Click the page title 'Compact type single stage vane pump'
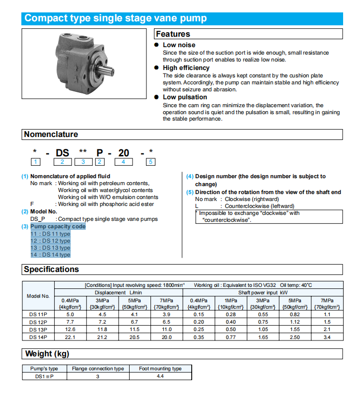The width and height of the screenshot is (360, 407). click(116, 19)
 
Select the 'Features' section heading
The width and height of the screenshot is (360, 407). click(173, 34)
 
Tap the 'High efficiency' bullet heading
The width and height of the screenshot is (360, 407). click(186, 68)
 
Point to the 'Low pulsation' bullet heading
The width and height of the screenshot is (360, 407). click(185, 97)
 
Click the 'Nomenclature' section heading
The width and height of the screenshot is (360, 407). click(51, 135)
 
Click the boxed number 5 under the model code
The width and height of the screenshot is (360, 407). click(151, 161)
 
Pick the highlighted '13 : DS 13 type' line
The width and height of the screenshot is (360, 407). click(50, 248)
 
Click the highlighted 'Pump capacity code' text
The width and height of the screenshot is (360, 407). click(58, 226)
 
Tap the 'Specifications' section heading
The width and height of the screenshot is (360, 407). click(52, 270)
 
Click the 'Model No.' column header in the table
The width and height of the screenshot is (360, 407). click(38, 296)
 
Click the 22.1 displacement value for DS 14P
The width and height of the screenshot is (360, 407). click(70, 338)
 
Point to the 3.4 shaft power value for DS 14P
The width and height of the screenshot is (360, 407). click(326, 338)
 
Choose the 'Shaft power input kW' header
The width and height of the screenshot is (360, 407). click(262, 292)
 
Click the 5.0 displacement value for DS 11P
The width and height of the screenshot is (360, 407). click(70, 314)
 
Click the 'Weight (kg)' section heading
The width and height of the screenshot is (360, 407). click(47, 354)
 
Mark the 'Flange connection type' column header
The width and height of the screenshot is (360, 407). click(98, 369)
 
